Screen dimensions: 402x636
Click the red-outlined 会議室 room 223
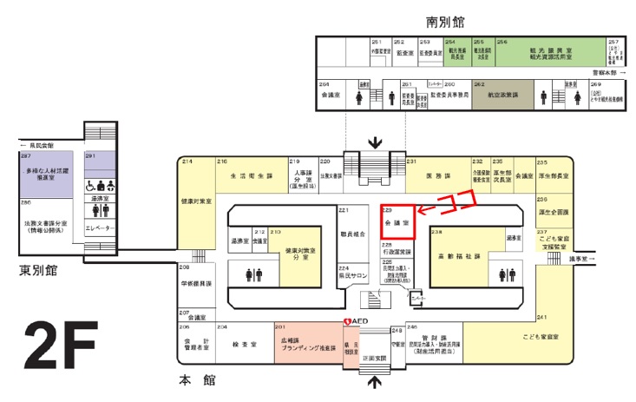pos(398,222)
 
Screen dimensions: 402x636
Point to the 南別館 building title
pos(451,19)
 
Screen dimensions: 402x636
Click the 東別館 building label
pos(42,271)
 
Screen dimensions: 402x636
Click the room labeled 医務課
pos(436,175)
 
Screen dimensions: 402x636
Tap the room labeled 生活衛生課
pos(250,175)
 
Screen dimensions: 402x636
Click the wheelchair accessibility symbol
pos(90,185)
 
